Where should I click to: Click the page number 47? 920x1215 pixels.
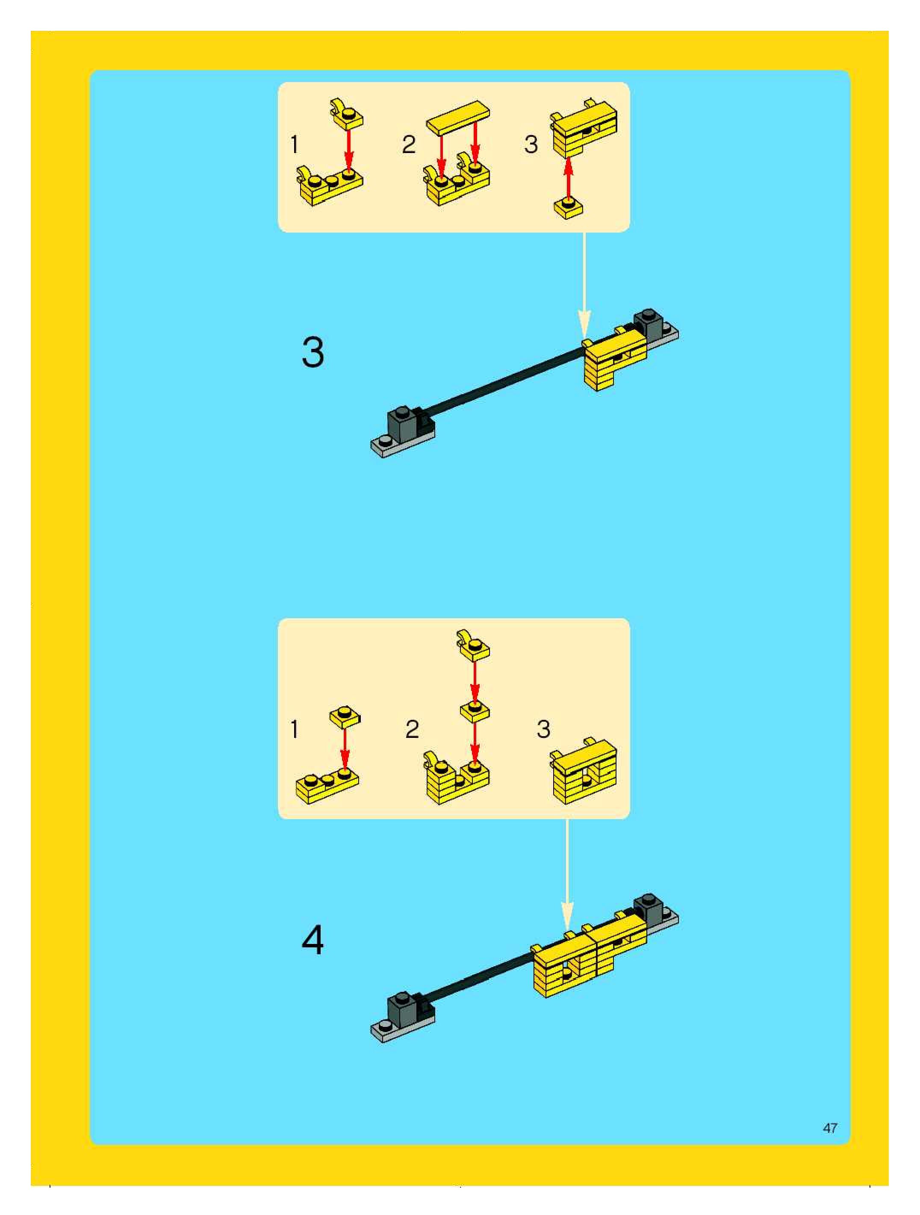pos(830,1128)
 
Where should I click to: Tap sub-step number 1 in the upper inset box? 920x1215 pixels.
pos(295,145)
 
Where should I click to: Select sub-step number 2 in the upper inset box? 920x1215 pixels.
pos(409,145)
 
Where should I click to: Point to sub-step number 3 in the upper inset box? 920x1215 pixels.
pos(531,145)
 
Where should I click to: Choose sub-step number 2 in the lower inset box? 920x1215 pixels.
pos(412,729)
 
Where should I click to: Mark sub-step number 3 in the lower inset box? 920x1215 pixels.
pos(543,729)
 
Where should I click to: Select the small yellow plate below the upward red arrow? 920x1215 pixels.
pos(569,209)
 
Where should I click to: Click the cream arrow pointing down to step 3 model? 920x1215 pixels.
pos(584,285)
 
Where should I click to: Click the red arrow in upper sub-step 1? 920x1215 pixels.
pos(348,147)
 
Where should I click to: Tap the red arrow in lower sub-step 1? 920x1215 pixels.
pos(345,749)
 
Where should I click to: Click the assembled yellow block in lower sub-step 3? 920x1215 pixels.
pos(583,771)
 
